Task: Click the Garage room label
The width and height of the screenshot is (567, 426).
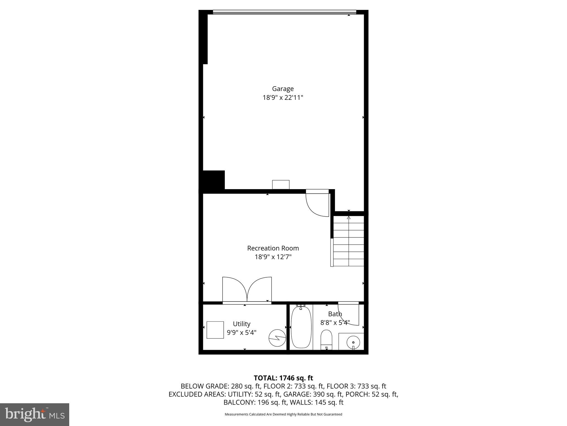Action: pos(283,89)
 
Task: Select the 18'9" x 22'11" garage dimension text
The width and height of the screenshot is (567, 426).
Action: pos(283,98)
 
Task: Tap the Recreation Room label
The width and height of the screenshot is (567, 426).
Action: pos(273,248)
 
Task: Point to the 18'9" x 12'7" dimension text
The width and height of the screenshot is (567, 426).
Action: pos(273,257)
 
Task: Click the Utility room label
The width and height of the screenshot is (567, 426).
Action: pos(241,324)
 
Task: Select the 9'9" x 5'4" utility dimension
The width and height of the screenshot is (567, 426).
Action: pos(241,333)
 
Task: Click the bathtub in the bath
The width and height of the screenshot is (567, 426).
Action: pos(301,327)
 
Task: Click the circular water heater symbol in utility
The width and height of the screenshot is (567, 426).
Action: pos(277,338)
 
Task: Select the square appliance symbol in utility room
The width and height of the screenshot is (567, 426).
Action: pos(215,330)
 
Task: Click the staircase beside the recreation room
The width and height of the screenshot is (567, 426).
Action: pos(349,241)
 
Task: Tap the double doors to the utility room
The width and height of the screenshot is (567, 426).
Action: pos(247,290)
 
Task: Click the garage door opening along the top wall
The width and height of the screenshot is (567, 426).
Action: pos(284,12)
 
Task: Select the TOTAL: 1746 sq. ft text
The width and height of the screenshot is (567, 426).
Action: pos(283,378)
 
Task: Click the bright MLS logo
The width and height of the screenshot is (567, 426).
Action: pos(35,415)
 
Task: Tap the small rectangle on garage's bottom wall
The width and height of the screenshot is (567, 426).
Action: pos(281,184)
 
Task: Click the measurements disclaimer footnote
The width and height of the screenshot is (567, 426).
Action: pos(283,414)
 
